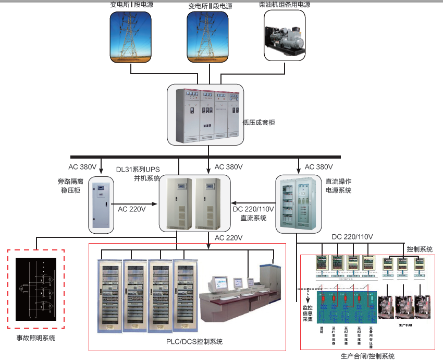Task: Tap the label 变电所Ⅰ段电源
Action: (x=131, y=5)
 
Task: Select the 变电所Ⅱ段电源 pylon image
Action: (x=208, y=38)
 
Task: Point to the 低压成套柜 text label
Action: (x=259, y=123)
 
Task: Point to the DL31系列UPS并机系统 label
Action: (x=138, y=173)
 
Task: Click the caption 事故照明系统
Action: (x=35, y=338)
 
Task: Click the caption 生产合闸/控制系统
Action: (x=367, y=356)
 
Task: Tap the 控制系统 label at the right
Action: (x=420, y=249)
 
